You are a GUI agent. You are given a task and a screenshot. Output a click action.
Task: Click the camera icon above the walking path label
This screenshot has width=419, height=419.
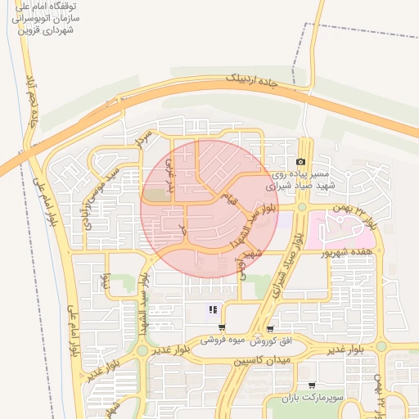[301, 162]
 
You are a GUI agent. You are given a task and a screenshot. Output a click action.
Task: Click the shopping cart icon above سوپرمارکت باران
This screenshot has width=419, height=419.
[311, 385]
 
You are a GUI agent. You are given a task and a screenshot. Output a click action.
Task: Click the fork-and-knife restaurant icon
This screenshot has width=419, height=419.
[212, 309]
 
